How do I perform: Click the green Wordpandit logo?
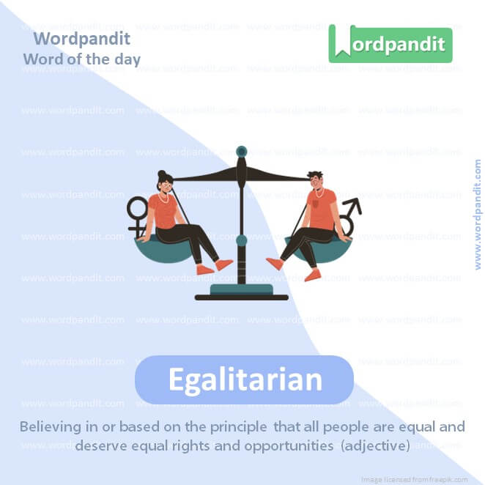pos(390,44)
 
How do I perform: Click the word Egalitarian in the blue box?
pos(245,380)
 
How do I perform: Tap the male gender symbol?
pos(349,215)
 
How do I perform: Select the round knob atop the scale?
pos(241,152)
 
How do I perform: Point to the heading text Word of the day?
pos(81,59)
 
